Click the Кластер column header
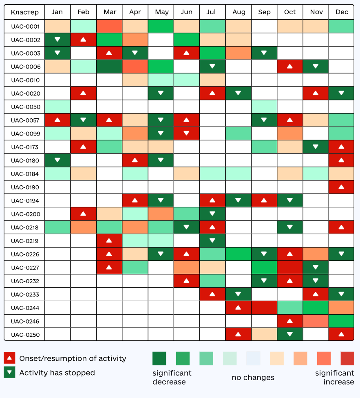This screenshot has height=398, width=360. [x=24, y=12]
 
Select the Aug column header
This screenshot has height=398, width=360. [x=239, y=12]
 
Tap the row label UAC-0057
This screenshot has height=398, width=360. [x=25, y=120]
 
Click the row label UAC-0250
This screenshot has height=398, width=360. [x=25, y=335]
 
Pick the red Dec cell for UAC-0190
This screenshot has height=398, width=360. [x=342, y=187]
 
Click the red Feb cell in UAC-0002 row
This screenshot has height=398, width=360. [x=83, y=40]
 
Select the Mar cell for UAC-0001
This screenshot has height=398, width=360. [x=109, y=27]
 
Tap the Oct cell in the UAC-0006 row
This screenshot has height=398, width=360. [x=290, y=67]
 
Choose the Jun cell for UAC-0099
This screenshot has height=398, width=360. [x=187, y=133]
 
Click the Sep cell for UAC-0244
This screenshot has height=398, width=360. [x=264, y=308]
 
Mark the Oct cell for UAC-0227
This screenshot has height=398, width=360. [x=290, y=268]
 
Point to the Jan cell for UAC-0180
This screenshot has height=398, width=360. [x=57, y=160]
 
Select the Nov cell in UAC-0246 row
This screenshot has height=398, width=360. [x=316, y=321]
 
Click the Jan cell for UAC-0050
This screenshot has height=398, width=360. [x=57, y=107]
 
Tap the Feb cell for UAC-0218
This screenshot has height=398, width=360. [x=83, y=227]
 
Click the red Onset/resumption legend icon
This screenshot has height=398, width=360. [x=9, y=358]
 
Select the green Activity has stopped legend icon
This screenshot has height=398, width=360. [x=9, y=372]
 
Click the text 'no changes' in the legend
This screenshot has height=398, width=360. [x=253, y=378]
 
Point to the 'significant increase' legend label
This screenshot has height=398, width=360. [x=334, y=378]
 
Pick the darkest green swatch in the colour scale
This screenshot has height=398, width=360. [x=159, y=358]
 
